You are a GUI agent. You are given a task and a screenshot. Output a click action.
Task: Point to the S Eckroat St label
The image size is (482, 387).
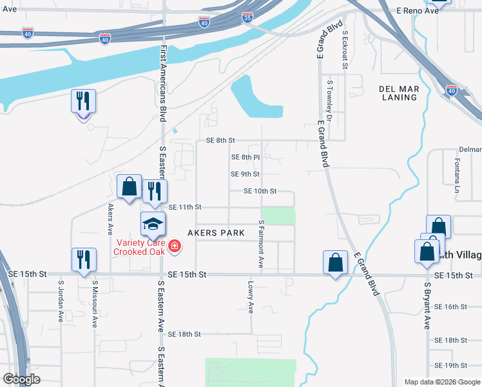pyautogui.click(x=345, y=50)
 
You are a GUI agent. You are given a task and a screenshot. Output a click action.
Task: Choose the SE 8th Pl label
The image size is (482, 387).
pyautogui.click(x=245, y=157)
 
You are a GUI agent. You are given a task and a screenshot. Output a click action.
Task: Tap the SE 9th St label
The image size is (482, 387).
pyautogui.click(x=245, y=174)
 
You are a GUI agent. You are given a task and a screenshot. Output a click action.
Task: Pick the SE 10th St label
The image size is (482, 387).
pyautogui.click(x=260, y=191)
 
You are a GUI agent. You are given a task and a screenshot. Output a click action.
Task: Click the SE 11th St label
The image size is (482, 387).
pyautogui.click(x=185, y=207)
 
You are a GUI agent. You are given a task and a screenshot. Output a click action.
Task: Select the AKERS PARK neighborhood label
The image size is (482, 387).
pyautogui.click(x=216, y=233)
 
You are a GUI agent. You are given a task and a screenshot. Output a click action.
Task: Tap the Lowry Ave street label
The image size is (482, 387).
pyautogui.click(x=251, y=297)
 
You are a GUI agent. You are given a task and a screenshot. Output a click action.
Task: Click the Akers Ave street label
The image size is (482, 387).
pyautogui.click(x=111, y=219)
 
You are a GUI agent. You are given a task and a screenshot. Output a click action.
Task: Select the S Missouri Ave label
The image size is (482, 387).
pyautogui.click(x=94, y=303)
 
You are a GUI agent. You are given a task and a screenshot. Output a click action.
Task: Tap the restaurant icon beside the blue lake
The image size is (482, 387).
pyautogui.click(x=83, y=101)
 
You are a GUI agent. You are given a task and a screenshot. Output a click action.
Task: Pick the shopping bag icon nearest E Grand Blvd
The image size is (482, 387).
pyautogui.click(x=335, y=263)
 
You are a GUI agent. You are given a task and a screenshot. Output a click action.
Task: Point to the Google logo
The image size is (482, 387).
pyautogui.click(x=22, y=379)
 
